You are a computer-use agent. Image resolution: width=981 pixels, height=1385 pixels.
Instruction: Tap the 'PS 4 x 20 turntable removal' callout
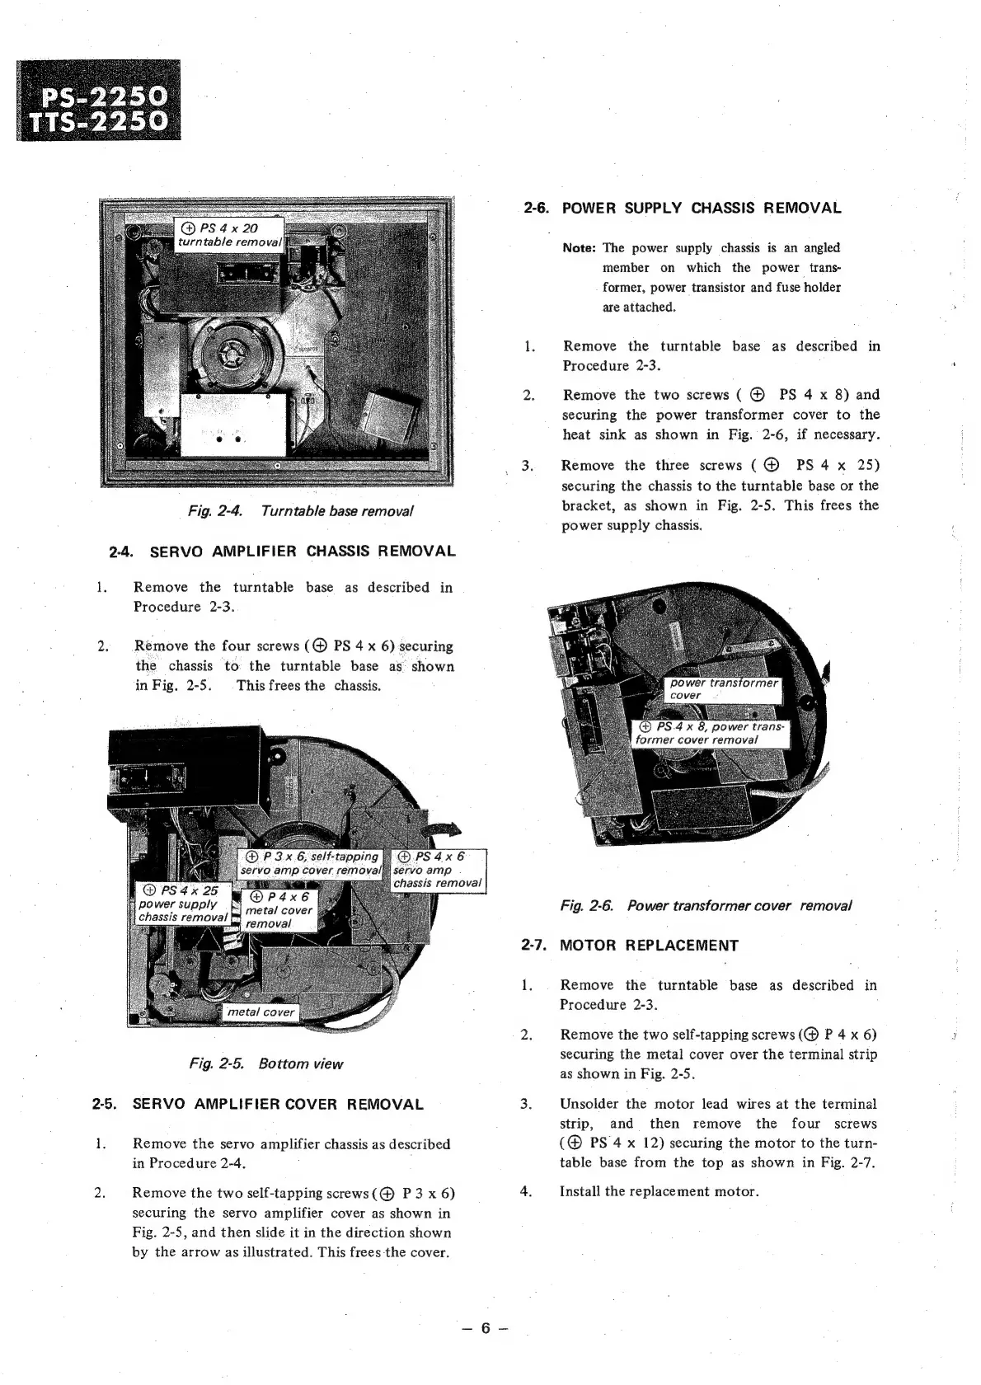coord(230,235)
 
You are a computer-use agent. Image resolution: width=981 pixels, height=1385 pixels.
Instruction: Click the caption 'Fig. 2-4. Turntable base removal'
coord(300,511)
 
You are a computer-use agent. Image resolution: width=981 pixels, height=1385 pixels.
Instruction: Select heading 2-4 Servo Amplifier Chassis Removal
coord(282,551)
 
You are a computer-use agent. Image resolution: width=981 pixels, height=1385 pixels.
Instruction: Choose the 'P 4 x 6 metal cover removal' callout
coord(279,910)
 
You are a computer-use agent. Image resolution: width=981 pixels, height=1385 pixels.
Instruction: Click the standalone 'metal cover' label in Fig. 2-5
coord(261,1012)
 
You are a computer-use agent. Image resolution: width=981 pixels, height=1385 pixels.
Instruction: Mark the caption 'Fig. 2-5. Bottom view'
coord(265,1063)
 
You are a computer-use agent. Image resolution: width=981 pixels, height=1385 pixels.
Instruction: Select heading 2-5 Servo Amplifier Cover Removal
coord(258,1105)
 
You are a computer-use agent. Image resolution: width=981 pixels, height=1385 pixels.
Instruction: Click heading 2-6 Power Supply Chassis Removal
coord(683,208)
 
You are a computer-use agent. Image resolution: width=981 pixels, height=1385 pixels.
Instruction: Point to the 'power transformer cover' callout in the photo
coord(723,689)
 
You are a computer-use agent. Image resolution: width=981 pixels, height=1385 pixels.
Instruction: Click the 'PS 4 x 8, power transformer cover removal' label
coord(711,733)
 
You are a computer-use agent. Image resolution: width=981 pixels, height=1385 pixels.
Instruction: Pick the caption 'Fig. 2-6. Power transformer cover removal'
coord(705,906)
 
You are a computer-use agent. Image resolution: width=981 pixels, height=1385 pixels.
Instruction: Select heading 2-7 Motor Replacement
coord(630,946)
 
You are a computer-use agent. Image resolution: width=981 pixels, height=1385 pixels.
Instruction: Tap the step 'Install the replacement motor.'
coord(659,1191)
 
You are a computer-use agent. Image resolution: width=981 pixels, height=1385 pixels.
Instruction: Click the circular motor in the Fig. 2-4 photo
coord(233,355)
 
